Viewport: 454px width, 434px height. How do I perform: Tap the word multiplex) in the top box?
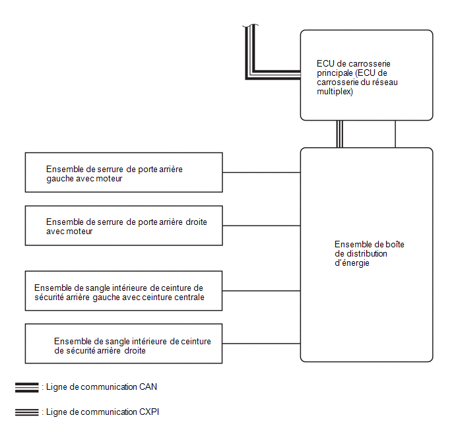click(335, 92)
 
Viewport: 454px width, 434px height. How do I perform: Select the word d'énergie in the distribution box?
click(352, 263)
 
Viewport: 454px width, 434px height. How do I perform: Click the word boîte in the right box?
click(395, 245)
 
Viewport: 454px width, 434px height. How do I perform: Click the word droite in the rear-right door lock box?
click(196, 222)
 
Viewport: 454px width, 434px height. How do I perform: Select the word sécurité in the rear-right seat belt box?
click(79, 351)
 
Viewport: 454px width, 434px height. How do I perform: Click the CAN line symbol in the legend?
click(26, 387)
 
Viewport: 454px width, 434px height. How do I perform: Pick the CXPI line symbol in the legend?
click(26, 412)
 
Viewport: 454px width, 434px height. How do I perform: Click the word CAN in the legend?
click(148, 387)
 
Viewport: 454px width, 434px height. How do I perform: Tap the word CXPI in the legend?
click(149, 412)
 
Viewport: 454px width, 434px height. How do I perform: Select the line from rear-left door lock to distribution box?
click(261, 172)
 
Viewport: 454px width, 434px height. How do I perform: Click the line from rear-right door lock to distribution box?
click(261, 226)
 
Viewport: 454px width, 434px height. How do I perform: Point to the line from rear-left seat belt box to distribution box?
click(261, 291)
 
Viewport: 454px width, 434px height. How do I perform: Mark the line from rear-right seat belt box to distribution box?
click(261, 344)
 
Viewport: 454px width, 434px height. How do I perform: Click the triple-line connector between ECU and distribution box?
click(340, 135)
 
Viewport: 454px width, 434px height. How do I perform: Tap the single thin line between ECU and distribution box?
click(395, 135)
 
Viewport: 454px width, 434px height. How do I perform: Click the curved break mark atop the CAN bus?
click(251, 26)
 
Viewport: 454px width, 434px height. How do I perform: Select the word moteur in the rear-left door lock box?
click(109, 179)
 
